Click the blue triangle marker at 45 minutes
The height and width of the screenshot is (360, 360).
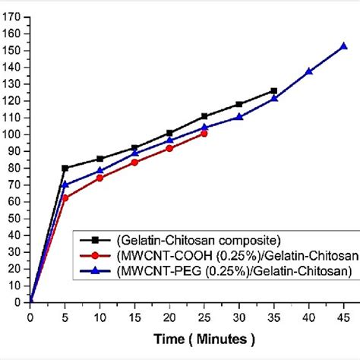point(343,46)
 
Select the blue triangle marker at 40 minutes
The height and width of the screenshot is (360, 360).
point(309,71)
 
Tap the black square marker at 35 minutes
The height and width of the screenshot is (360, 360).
point(274,91)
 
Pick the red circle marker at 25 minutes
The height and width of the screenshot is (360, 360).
point(204,133)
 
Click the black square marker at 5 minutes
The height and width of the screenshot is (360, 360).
point(65,168)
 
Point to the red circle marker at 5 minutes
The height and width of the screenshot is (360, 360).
point(65,197)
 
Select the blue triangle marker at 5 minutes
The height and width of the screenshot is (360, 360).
point(65,185)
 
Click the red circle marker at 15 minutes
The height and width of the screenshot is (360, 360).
point(134,162)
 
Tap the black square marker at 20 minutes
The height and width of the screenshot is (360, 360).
point(169,133)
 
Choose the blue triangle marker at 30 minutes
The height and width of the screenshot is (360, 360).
point(239,117)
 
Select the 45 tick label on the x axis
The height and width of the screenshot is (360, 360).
point(343,311)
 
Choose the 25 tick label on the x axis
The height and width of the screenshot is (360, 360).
point(204,311)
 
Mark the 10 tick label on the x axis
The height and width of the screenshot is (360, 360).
point(100,311)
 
